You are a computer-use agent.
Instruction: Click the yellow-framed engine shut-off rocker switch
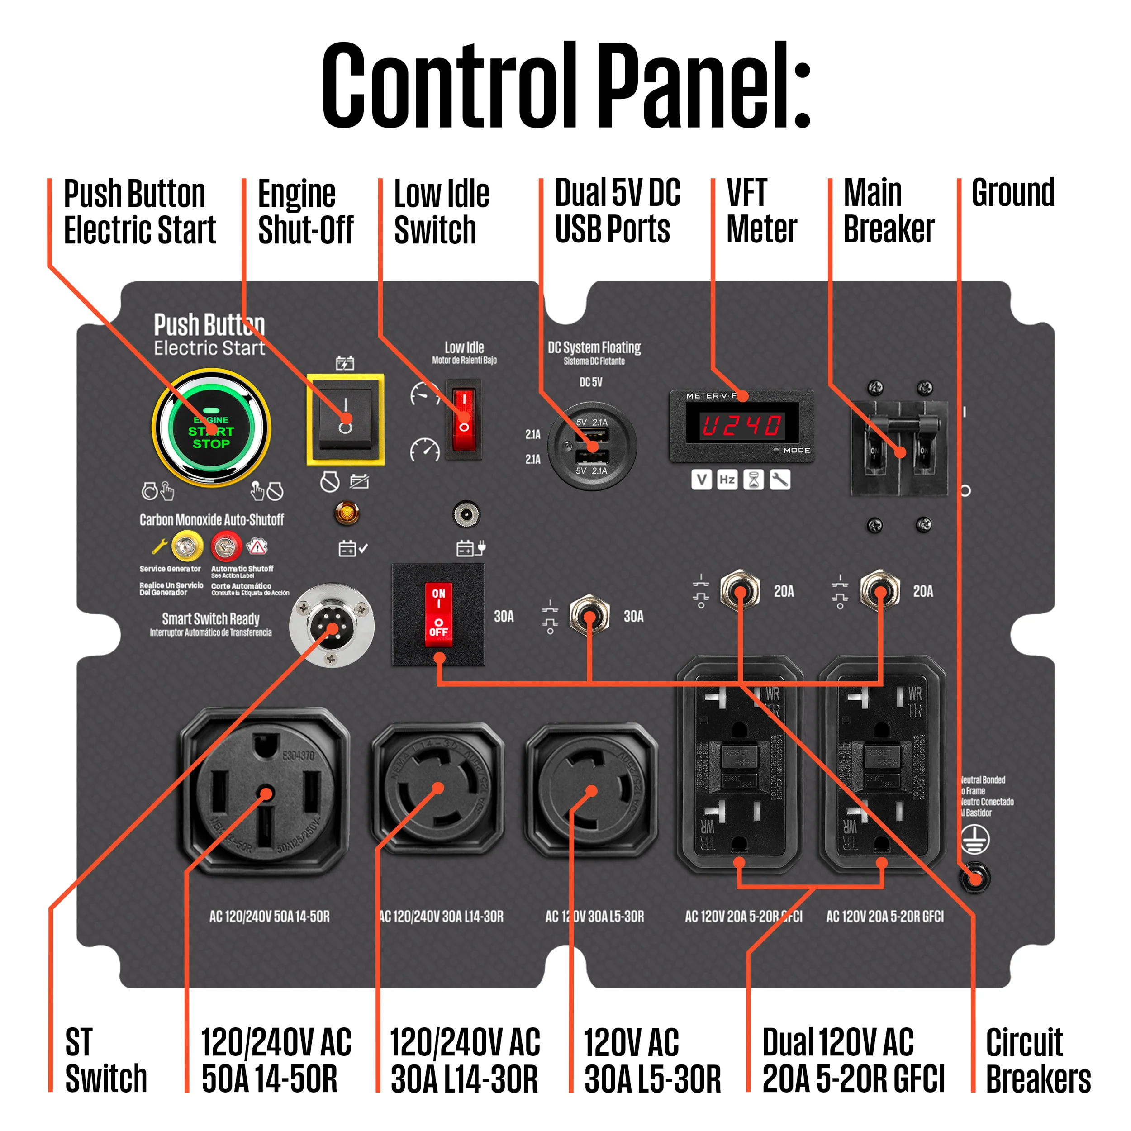(x=345, y=419)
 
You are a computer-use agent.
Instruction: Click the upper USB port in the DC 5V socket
(x=593, y=435)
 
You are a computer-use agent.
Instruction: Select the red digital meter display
(x=741, y=425)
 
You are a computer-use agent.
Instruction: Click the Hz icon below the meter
(x=727, y=480)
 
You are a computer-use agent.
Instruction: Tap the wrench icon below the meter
(x=780, y=480)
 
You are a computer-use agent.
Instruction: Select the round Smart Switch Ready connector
(x=332, y=625)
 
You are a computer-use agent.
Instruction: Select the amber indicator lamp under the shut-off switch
(x=347, y=513)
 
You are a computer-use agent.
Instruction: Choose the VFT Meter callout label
(x=761, y=211)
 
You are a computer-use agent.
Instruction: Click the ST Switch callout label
(x=105, y=1060)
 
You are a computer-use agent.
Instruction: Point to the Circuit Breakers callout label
(x=1038, y=1060)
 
